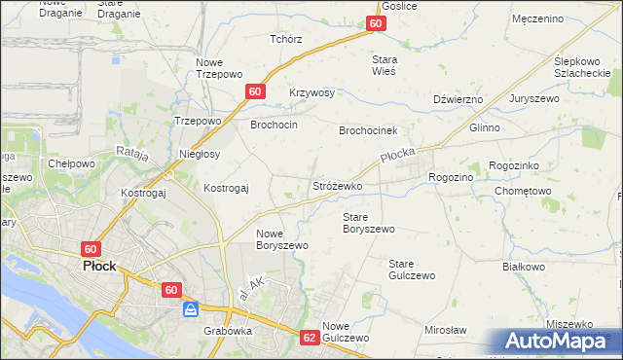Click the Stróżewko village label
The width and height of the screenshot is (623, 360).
(x=337, y=185)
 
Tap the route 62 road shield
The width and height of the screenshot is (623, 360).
(x=310, y=337)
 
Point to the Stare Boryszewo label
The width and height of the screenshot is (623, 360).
(x=368, y=223)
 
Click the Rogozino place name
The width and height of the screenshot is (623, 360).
(x=450, y=177)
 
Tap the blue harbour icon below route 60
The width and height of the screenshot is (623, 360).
(x=191, y=309)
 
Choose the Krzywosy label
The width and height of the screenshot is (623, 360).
(x=311, y=93)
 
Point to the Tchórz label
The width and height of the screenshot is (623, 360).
(x=286, y=39)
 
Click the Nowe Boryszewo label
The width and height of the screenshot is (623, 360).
(x=282, y=239)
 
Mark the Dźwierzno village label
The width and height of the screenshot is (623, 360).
(x=458, y=99)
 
